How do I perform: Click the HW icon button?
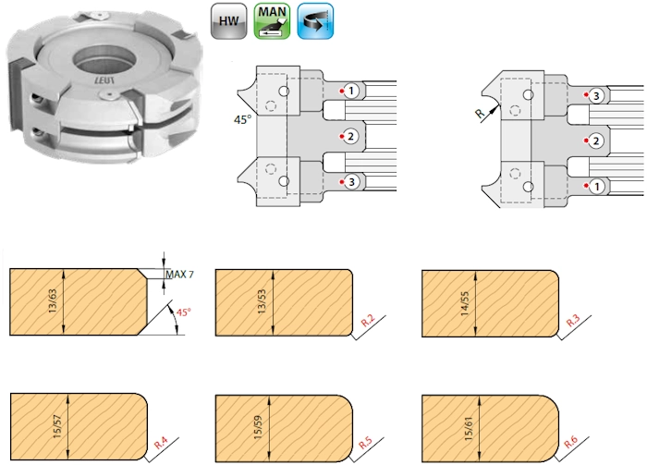[228, 21]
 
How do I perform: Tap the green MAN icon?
[272, 21]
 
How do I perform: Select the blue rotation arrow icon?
[315, 21]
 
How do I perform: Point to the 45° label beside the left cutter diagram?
[242, 119]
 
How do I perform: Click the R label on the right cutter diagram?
[480, 114]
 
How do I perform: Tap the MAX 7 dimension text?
[179, 275]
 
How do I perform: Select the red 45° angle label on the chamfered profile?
[184, 312]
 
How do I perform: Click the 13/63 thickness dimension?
[54, 300]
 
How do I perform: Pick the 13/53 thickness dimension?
[262, 301]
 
